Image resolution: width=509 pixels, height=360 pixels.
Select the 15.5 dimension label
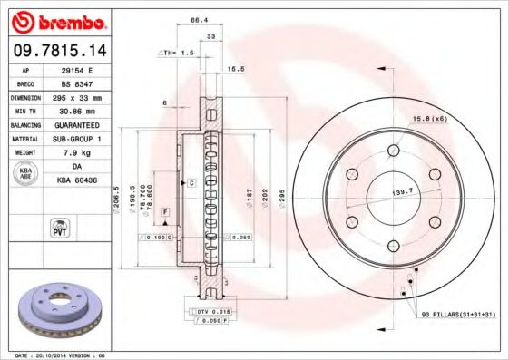tap(236, 68)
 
